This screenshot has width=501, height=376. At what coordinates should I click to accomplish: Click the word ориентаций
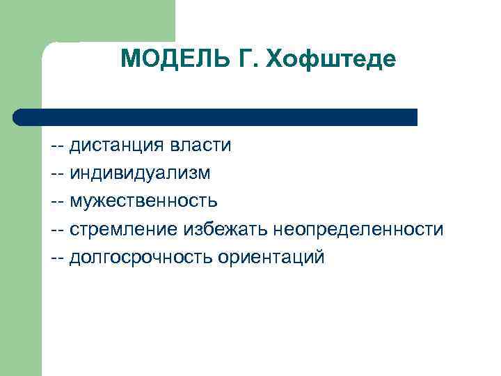(x=271, y=257)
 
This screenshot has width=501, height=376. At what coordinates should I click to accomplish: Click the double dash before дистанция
(x=58, y=146)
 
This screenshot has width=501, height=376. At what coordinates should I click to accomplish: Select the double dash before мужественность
(x=58, y=202)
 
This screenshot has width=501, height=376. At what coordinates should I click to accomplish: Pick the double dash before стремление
(x=58, y=230)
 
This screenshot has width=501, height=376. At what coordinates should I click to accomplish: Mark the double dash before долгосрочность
(x=58, y=258)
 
